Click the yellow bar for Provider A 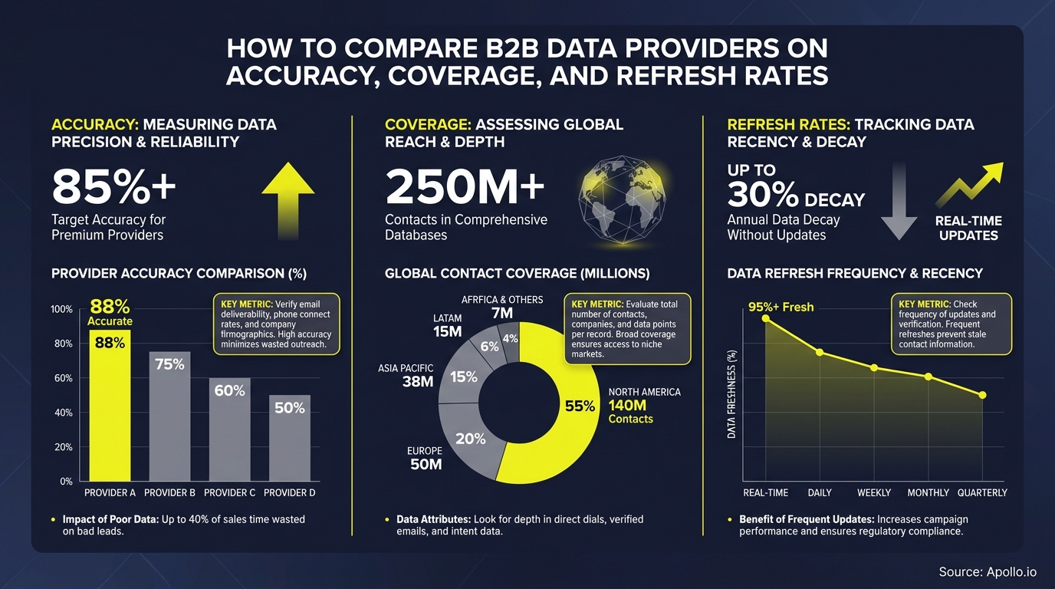tap(110, 406)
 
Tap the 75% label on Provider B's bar tap(169, 364)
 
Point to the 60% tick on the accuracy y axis tap(62, 378)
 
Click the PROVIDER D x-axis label tap(289, 492)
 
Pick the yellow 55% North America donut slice tap(567, 414)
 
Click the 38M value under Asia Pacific tap(417, 382)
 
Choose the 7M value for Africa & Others tap(502, 314)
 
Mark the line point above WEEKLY tap(874, 367)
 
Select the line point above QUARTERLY tap(983, 395)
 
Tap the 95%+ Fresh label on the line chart tap(781, 307)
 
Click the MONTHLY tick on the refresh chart tap(928, 492)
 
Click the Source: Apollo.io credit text tap(988, 572)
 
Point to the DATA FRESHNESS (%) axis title tap(731, 393)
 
